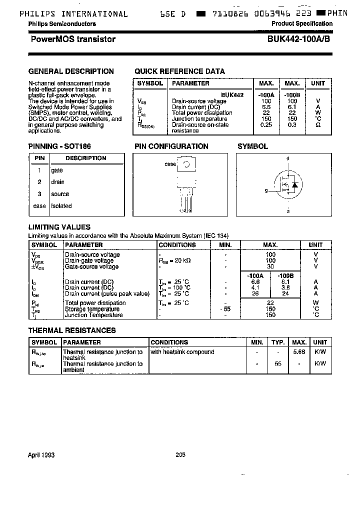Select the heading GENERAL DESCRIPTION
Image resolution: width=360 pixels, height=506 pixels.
71,71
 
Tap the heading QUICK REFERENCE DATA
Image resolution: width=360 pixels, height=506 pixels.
179,71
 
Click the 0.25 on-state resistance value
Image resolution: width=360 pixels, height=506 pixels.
266,124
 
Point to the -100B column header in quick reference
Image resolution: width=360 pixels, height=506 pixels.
292,94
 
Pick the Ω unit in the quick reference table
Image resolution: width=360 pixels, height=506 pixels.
318,124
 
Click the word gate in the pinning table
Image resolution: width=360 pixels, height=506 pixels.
57,170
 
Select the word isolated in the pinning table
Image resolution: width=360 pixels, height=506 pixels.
61,205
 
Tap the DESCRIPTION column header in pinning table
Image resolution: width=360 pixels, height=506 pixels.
86,158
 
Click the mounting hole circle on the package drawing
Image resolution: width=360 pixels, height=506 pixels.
186,164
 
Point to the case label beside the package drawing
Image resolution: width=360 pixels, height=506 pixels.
170,164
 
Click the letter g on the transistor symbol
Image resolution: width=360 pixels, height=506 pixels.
266,190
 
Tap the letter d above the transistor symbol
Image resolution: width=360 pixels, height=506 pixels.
287,158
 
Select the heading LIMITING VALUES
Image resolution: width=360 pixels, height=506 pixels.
59,227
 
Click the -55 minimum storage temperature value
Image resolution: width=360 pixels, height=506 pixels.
225,309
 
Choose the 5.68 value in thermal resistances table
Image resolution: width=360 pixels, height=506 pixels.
299,352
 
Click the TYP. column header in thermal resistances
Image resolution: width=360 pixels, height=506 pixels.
277,342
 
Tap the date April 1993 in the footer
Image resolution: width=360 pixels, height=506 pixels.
41,455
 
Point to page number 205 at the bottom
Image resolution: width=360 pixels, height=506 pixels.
180,455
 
